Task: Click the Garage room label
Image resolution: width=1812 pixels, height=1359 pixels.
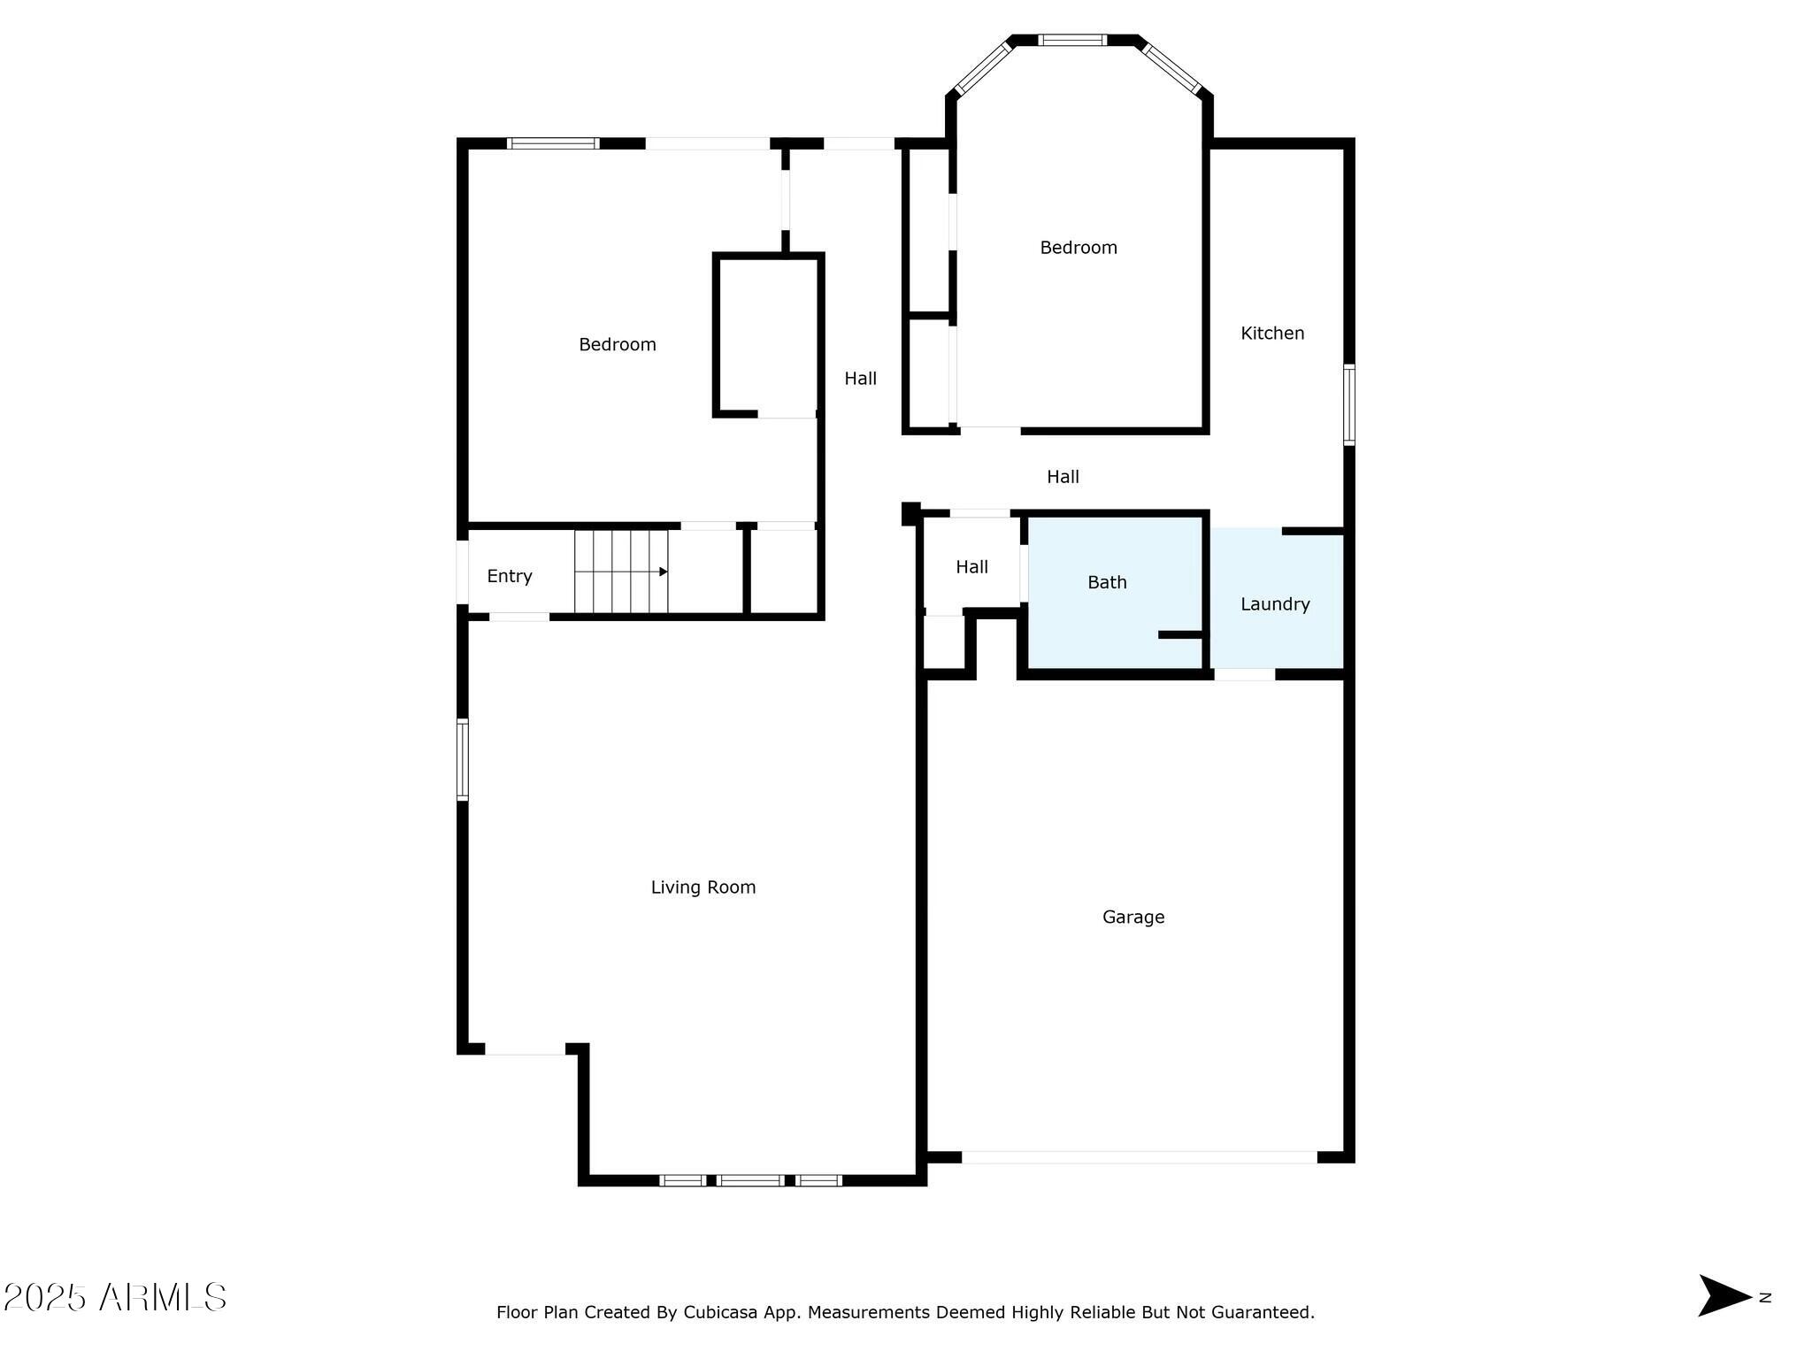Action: [1132, 918]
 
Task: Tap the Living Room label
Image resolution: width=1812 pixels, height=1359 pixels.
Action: [703, 887]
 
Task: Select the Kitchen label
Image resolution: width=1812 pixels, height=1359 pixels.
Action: [1272, 334]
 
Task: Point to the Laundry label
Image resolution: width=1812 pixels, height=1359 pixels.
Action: [1274, 604]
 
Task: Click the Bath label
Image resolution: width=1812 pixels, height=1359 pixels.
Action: [1107, 582]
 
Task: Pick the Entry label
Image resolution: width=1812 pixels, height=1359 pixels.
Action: [510, 576]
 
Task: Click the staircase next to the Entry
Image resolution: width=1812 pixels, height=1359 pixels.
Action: [620, 572]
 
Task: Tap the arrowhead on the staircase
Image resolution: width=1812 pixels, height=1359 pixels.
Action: [663, 572]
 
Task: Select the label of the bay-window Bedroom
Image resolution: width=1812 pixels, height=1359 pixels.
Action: [1078, 248]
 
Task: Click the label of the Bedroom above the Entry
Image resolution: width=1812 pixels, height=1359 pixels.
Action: [618, 345]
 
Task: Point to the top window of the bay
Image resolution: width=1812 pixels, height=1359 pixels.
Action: [1071, 40]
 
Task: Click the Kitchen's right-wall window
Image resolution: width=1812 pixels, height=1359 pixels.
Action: [1348, 404]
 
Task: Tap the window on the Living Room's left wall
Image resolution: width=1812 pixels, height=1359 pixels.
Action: [462, 759]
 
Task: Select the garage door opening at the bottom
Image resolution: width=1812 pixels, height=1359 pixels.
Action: [1139, 1156]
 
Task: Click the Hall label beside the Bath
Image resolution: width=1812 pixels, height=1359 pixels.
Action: [971, 567]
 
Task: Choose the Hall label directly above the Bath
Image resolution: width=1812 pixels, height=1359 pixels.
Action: [1063, 477]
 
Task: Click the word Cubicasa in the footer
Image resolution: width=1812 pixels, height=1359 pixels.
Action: [719, 1312]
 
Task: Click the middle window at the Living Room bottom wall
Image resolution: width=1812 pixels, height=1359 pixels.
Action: [749, 1179]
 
